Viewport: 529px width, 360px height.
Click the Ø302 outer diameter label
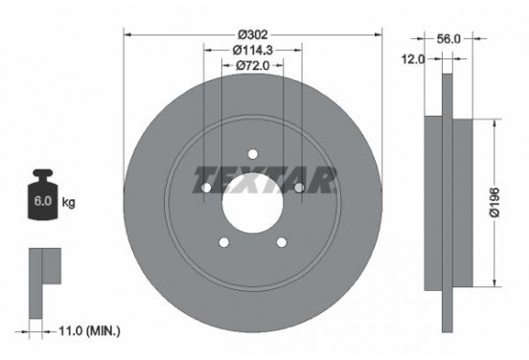click(x=253, y=26)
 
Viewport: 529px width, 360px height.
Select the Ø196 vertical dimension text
click(x=494, y=203)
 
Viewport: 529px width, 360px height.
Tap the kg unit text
click(x=69, y=204)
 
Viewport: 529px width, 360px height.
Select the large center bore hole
click(x=253, y=202)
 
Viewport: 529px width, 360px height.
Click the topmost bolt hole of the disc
click(x=253, y=153)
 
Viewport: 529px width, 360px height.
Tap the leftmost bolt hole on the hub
click(x=206, y=188)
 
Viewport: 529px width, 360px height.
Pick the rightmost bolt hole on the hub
click(x=300, y=188)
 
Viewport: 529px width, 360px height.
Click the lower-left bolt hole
click(x=224, y=242)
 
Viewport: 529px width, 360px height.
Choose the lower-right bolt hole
click(x=282, y=242)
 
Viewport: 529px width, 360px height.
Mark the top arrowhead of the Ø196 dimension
click(x=494, y=124)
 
